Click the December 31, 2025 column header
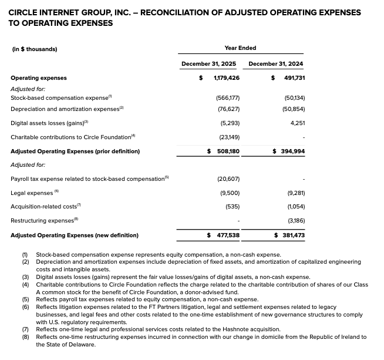pos(208,63)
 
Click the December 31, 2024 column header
pos(276,63)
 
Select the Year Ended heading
pos(240,48)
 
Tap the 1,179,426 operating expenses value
pos(226,78)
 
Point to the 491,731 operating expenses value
pos(293,78)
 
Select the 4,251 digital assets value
pos(297,123)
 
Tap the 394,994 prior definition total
pos(293,151)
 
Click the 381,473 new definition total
pos(293,235)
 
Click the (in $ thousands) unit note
pos(35,49)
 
